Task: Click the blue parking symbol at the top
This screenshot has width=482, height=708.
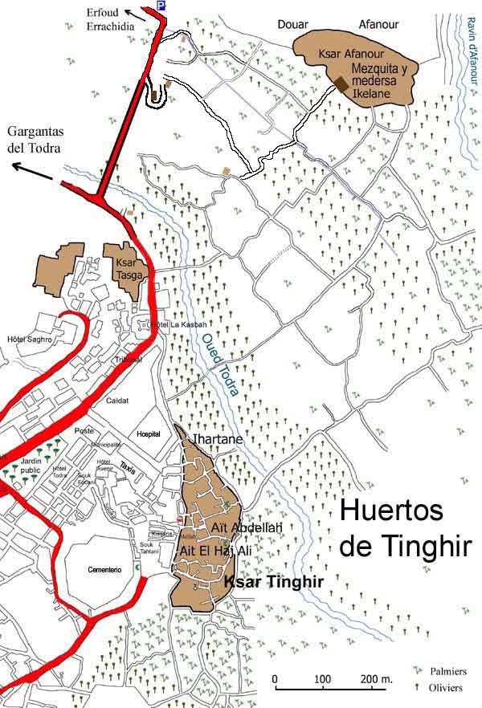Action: pyautogui.click(x=161, y=6)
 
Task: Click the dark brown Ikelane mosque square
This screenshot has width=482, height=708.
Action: pyautogui.click(x=342, y=83)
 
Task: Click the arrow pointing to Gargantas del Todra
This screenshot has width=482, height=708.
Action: pyautogui.click(x=29, y=168)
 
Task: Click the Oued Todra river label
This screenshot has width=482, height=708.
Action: pyautogui.click(x=215, y=365)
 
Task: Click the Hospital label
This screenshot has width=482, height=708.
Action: pyautogui.click(x=149, y=433)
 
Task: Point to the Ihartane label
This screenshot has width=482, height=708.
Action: pyautogui.click(x=216, y=439)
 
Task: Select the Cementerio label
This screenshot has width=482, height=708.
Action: pyautogui.click(x=104, y=569)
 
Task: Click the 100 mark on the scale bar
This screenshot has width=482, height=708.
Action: pyautogui.click(x=322, y=680)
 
